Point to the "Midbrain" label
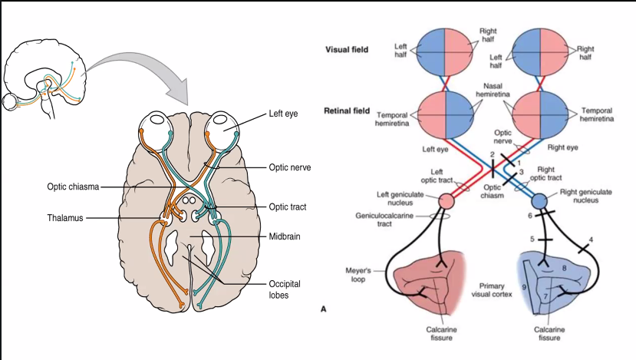[x=284, y=236]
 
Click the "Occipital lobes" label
[x=285, y=289]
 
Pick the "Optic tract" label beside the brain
[x=288, y=206]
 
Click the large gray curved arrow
[x=146, y=73]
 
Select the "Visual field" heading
[x=348, y=49]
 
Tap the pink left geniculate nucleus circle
[x=448, y=201]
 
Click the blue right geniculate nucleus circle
[x=539, y=201]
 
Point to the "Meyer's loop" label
[x=362, y=276]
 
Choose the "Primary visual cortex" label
[x=494, y=289]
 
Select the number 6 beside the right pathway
[x=529, y=216]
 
